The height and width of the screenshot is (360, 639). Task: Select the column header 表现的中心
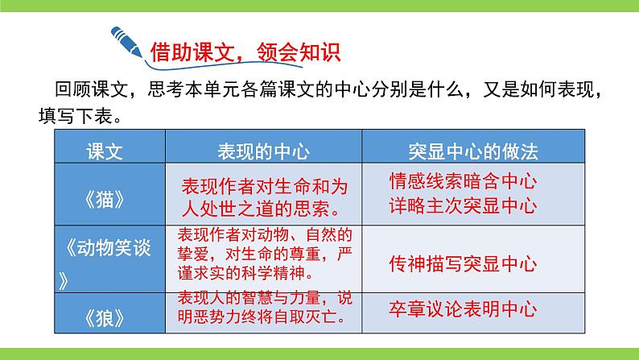coord(263,151)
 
